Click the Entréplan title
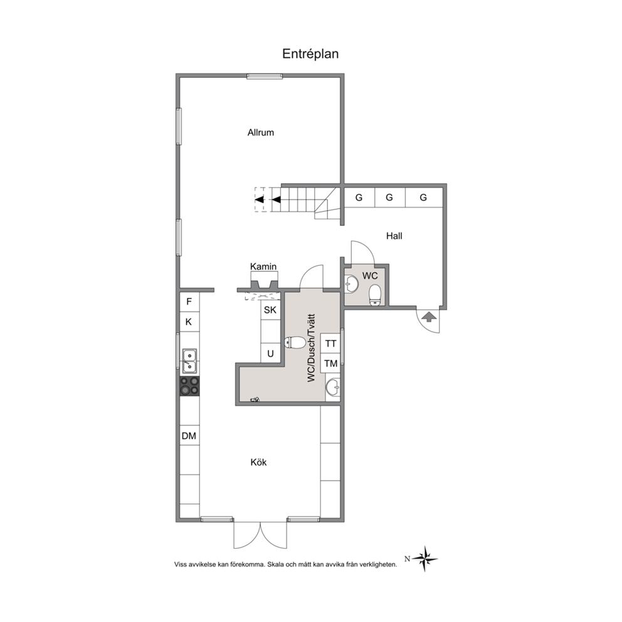(x=310, y=53)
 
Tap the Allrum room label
(x=261, y=132)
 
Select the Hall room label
(x=394, y=236)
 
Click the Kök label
(x=258, y=462)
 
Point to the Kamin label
(x=263, y=266)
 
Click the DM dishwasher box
(x=189, y=436)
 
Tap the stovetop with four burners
(x=189, y=386)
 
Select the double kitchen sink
(x=189, y=361)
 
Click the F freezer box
(x=189, y=302)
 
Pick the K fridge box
(x=189, y=322)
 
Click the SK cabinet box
(x=270, y=310)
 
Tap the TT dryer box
(x=330, y=344)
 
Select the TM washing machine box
(x=330, y=364)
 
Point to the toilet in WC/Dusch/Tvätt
(x=295, y=342)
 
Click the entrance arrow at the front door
(x=429, y=317)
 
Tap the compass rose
(x=424, y=559)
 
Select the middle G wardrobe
(x=389, y=198)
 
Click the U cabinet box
(x=270, y=353)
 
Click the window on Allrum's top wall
(x=265, y=76)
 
